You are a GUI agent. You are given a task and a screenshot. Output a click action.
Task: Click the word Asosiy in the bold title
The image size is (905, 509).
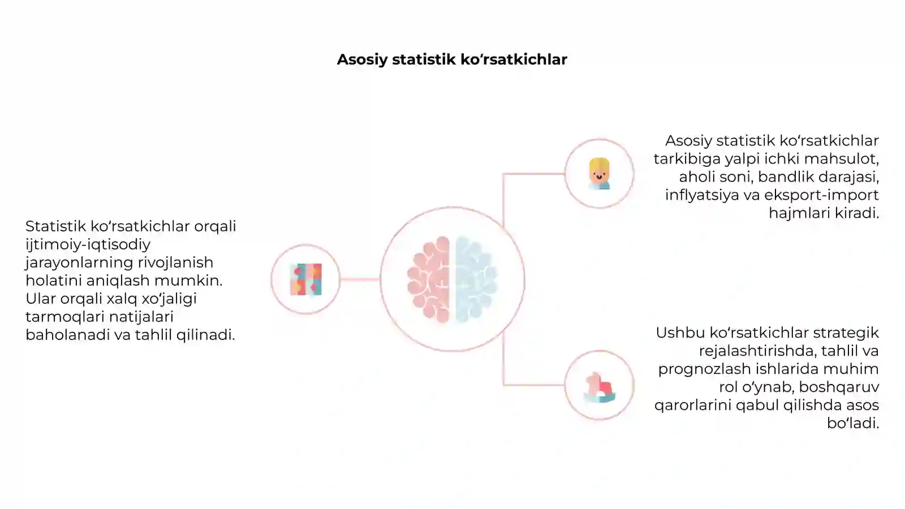pos(362,60)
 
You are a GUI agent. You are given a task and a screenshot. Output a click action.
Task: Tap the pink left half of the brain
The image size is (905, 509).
pos(429,279)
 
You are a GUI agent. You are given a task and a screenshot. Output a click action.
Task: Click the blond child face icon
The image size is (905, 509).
pos(599,174)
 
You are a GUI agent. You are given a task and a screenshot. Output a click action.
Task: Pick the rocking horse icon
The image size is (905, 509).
pos(599,387)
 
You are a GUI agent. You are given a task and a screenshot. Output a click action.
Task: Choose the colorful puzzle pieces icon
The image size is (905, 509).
pos(306,279)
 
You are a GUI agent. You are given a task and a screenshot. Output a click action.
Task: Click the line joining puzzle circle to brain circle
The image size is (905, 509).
pos(360,279)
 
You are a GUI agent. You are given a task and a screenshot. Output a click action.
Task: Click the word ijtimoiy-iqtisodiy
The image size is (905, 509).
pos(88,245)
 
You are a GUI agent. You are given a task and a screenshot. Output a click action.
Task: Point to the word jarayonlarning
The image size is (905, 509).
pos(79,263)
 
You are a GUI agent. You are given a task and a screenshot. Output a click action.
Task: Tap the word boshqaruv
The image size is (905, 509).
pos(839,387)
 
